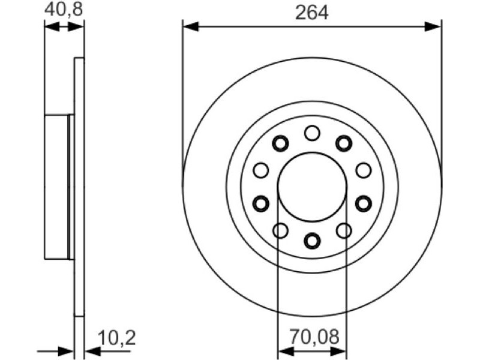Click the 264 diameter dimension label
click(x=311, y=13)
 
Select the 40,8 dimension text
click(x=64, y=10)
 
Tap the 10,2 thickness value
click(x=116, y=338)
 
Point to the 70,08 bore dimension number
click(x=314, y=337)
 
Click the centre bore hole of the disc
click(x=312, y=187)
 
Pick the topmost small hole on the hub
click(x=312, y=133)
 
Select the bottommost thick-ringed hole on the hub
click(x=312, y=241)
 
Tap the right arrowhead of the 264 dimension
click(x=433, y=26)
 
